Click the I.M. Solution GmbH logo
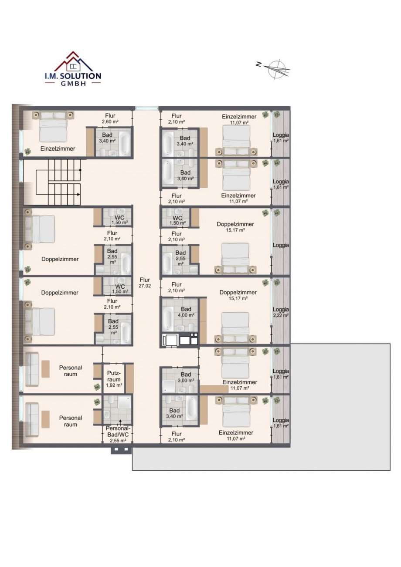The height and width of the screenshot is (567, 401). tap(73, 69)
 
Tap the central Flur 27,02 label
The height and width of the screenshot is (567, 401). tap(145, 283)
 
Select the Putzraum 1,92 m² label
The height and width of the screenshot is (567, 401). tap(114, 379)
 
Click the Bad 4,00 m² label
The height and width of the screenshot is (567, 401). tap(186, 312)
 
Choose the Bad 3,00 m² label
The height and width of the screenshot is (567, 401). tap(186, 377)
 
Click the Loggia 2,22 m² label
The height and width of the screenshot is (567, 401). tap(281, 312)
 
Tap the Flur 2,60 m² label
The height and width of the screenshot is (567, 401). tap(110, 118)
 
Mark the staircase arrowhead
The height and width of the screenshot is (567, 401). tap(78, 194)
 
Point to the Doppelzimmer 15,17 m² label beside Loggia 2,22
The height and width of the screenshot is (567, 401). tap(238, 295)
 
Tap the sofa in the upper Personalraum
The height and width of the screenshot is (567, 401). tap(32, 370)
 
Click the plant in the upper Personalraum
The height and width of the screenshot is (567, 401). tap(97, 387)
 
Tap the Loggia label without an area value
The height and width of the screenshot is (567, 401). tap(281, 245)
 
